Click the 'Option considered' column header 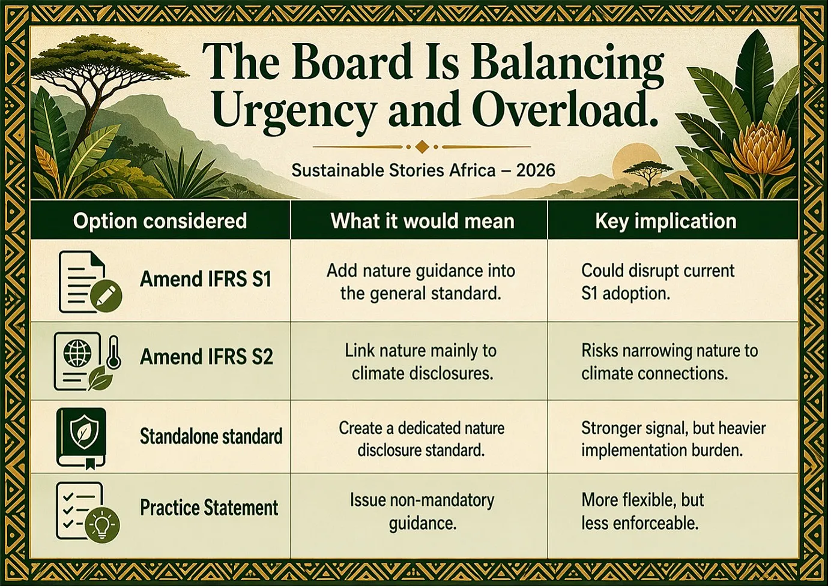(x=160, y=221)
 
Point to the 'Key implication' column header (x=665, y=221)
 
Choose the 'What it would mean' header (x=423, y=221)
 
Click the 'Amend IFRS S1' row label (x=205, y=279)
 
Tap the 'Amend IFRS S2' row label (x=207, y=356)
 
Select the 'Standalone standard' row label (x=211, y=436)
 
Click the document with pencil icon (x=90, y=282)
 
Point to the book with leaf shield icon (x=81, y=438)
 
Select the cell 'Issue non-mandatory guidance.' (x=422, y=512)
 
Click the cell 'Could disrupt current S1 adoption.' (x=657, y=282)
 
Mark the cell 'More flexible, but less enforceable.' (x=642, y=512)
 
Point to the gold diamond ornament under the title (x=422, y=147)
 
